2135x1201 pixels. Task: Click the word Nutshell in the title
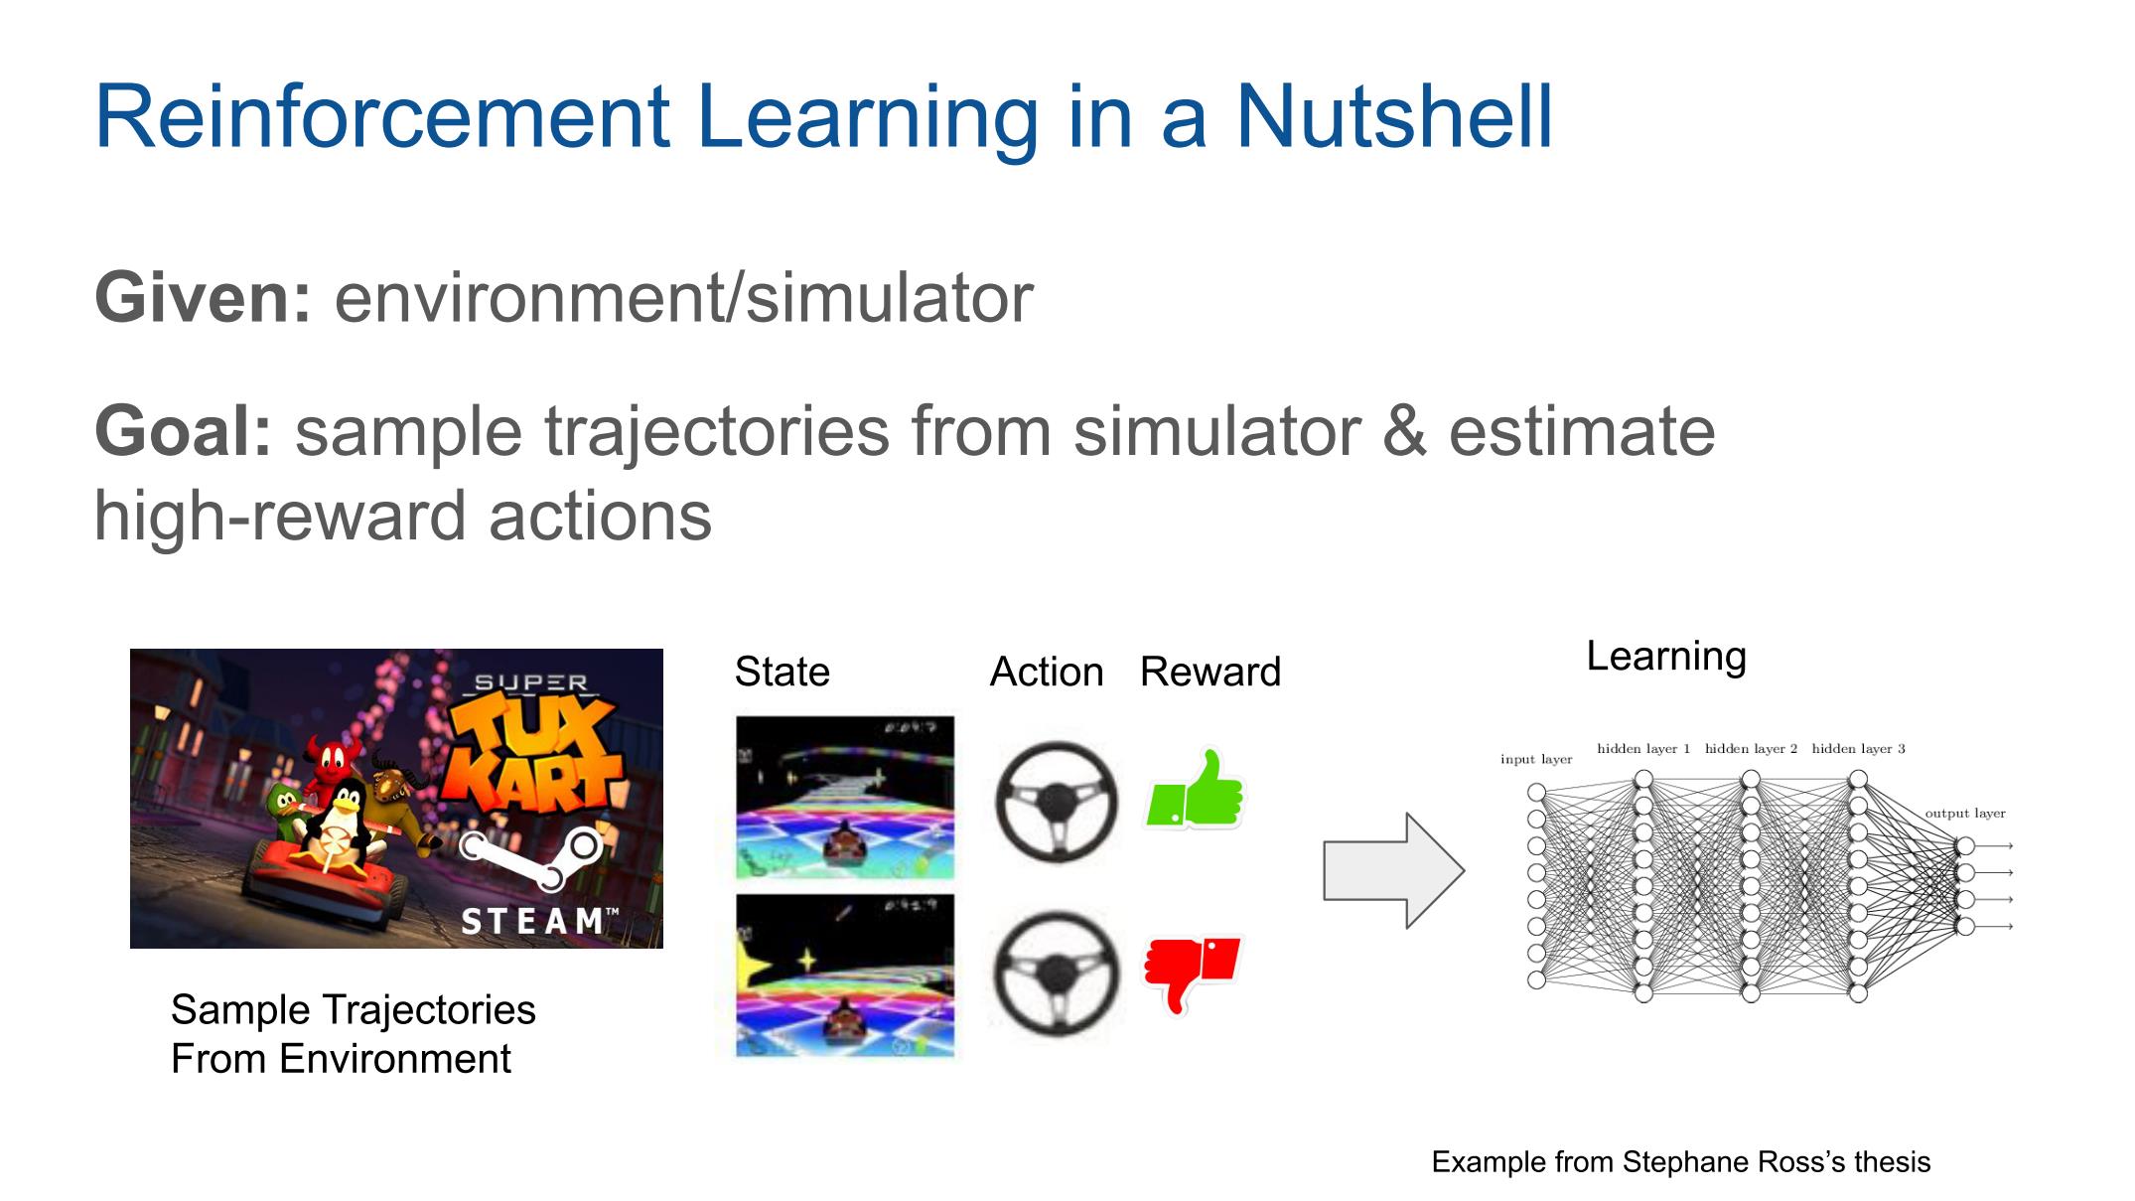(x=1393, y=116)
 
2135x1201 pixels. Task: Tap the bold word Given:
(x=204, y=297)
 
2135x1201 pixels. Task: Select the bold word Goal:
(x=183, y=431)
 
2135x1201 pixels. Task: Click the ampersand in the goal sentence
(x=1404, y=431)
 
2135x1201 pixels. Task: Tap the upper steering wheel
(x=1056, y=801)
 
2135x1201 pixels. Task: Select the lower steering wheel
(x=1056, y=974)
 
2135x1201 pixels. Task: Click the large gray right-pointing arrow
(x=1393, y=871)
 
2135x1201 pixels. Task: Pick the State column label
(x=782, y=673)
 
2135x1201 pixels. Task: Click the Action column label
(x=1047, y=673)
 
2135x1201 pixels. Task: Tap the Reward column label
(x=1210, y=673)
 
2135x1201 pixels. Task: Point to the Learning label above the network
(x=1666, y=657)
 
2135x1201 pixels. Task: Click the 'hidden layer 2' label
(x=1751, y=748)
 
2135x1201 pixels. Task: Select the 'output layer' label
(x=1965, y=814)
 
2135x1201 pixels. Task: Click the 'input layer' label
(x=1536, y=759)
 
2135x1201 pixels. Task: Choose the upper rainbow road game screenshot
(x=845, y=798)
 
